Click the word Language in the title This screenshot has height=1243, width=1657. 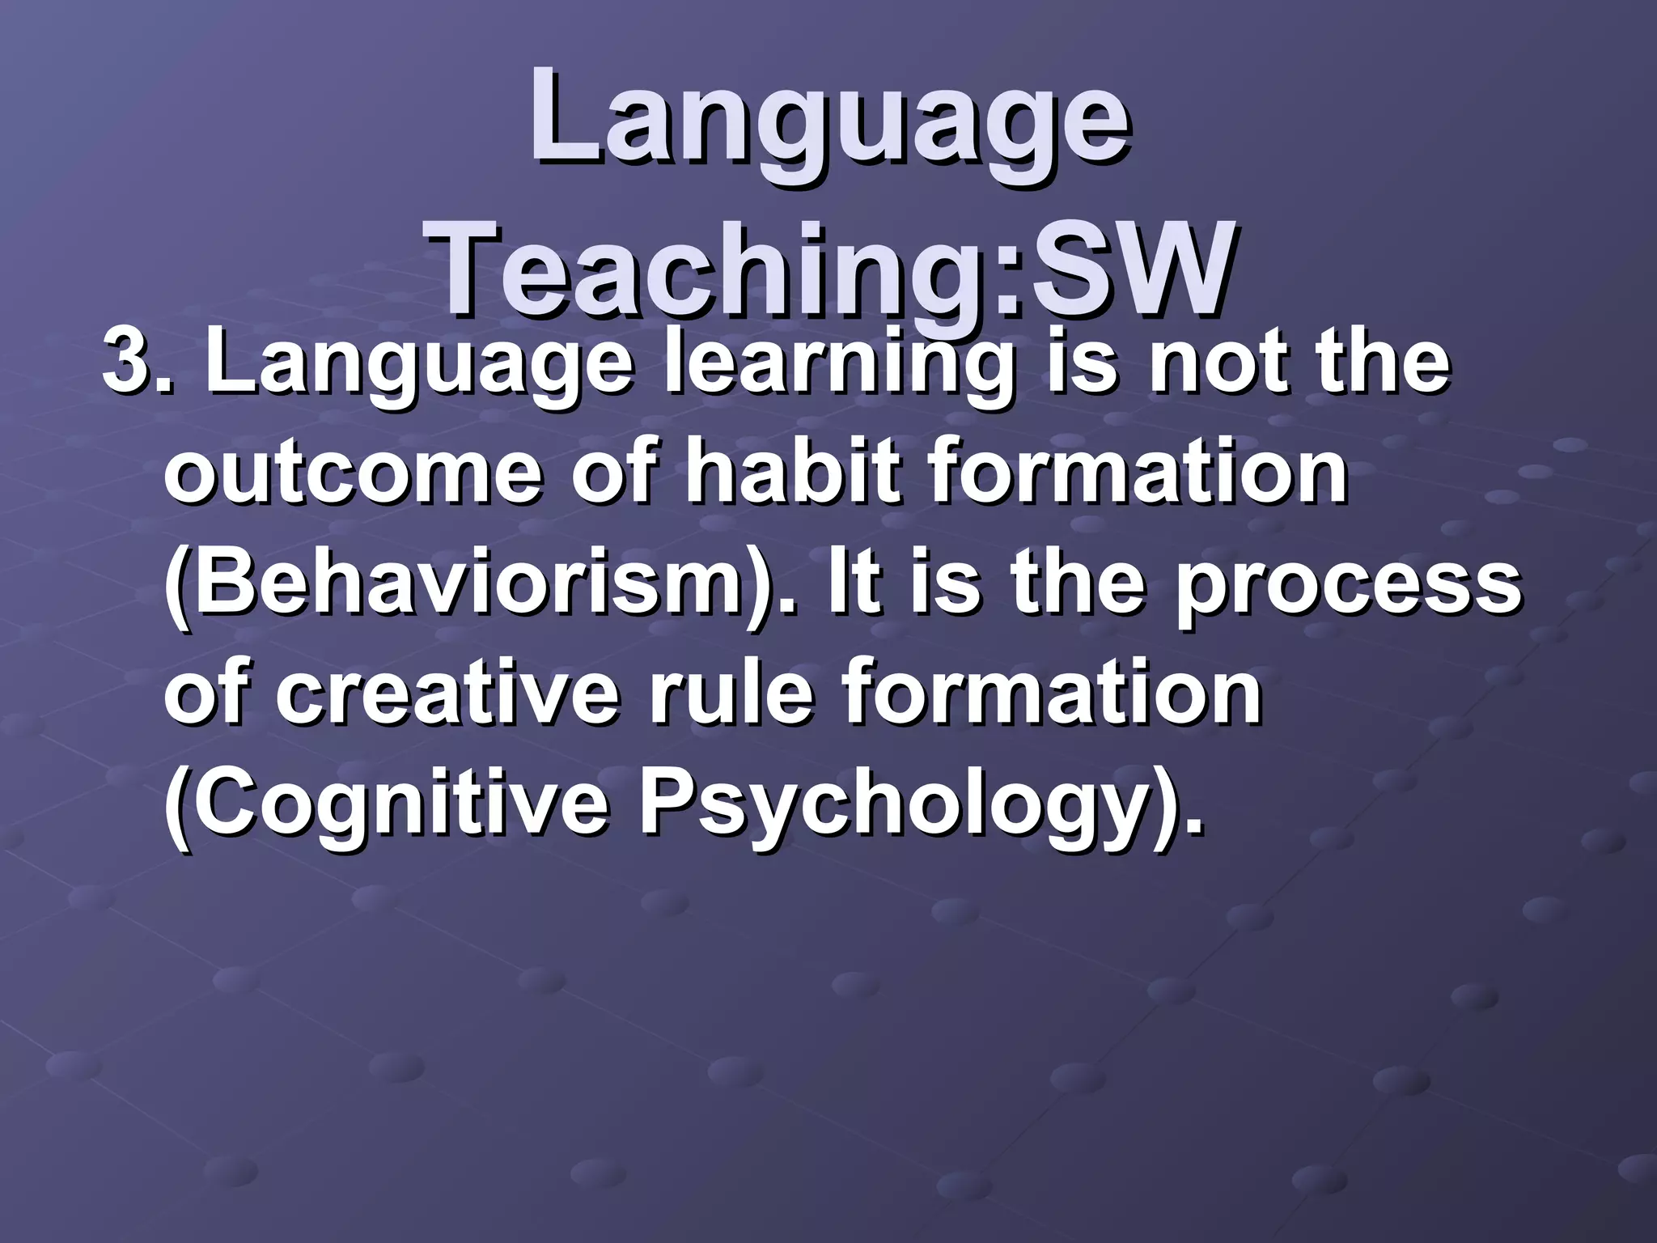tap(828, 121)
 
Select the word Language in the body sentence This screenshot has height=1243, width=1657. tap(417, 364)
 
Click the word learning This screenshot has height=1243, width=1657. tap(837, 364)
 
